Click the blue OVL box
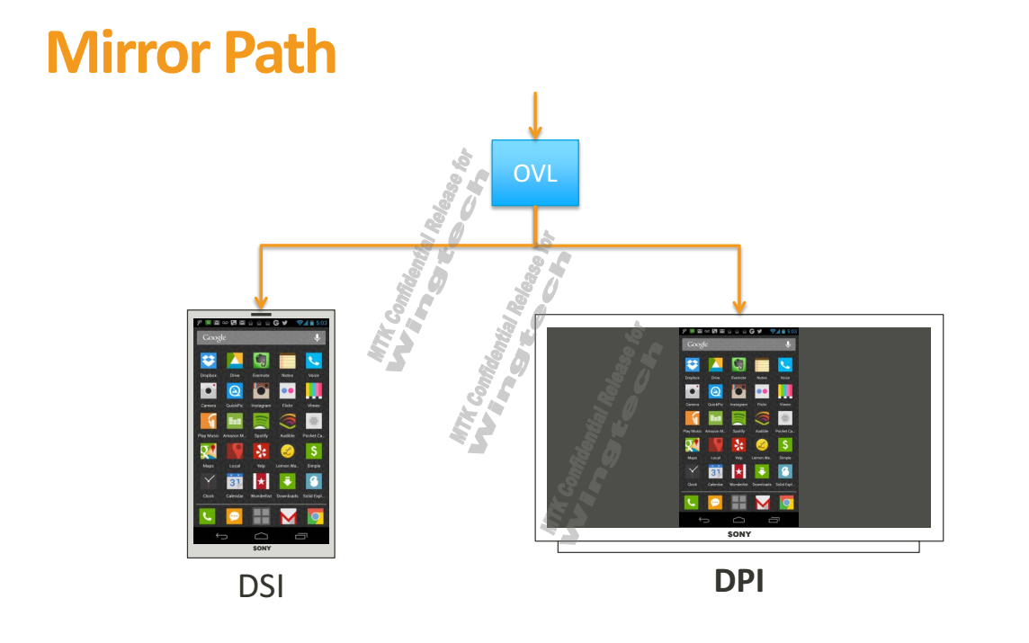535,173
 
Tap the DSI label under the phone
261,586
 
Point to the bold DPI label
738,581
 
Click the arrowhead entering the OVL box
535,133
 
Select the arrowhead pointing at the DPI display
739,306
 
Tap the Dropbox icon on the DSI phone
209,362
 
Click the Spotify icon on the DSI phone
261,421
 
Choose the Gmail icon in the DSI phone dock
288,516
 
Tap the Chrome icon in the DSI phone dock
315,516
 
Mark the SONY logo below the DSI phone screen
261,548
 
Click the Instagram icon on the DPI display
738,392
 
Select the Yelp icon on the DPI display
738,444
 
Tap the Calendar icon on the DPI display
716,471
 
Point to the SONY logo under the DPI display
738,534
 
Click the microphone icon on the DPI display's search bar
788,344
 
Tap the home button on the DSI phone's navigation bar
261,536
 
